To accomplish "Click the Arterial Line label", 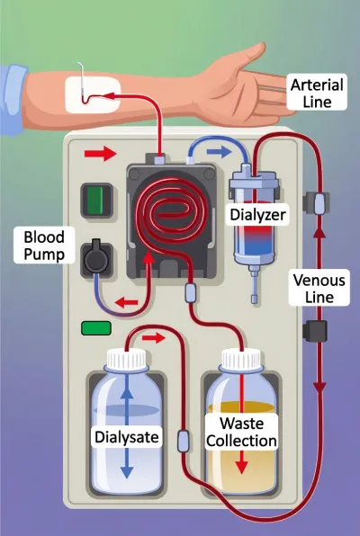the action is (317, 93).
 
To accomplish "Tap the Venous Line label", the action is (319, 288).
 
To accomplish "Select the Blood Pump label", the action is (44, 246).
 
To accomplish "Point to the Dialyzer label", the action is (257, 215).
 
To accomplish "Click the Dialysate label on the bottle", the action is (127, 437).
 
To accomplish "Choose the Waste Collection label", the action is (241, 432).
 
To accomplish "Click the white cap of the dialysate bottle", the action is (126, 359).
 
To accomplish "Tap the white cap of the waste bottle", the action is (241, 359).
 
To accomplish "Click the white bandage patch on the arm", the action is (93, 95).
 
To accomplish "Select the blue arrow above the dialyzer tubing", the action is (219, 151).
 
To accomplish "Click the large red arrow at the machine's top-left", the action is (100, 153).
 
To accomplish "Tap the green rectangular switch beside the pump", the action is (96, 200).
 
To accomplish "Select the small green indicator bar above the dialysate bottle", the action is (96, 328).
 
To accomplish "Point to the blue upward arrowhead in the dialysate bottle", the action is (127, 393).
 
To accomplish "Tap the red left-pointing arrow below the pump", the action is (126, 302).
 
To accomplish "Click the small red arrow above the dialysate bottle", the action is (154, 338).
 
